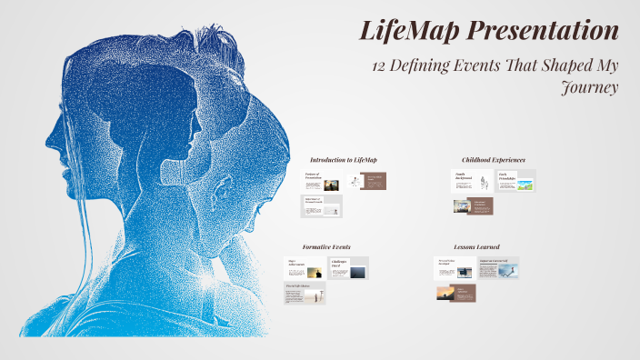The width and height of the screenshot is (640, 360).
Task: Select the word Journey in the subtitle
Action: [x=591, y=88]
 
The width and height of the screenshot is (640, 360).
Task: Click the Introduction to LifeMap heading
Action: [x=343, y=160]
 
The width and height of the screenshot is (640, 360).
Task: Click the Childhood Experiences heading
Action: [x=493, y=160]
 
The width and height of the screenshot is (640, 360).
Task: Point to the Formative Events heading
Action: [x=326, y=246]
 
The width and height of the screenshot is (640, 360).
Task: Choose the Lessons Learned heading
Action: [x=476, y=246]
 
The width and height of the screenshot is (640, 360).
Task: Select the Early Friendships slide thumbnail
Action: [x=515, y=181]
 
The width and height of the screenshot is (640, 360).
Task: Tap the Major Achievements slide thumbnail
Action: [x=305, y=269]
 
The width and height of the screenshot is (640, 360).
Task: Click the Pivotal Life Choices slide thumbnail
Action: [x=305, y=293]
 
